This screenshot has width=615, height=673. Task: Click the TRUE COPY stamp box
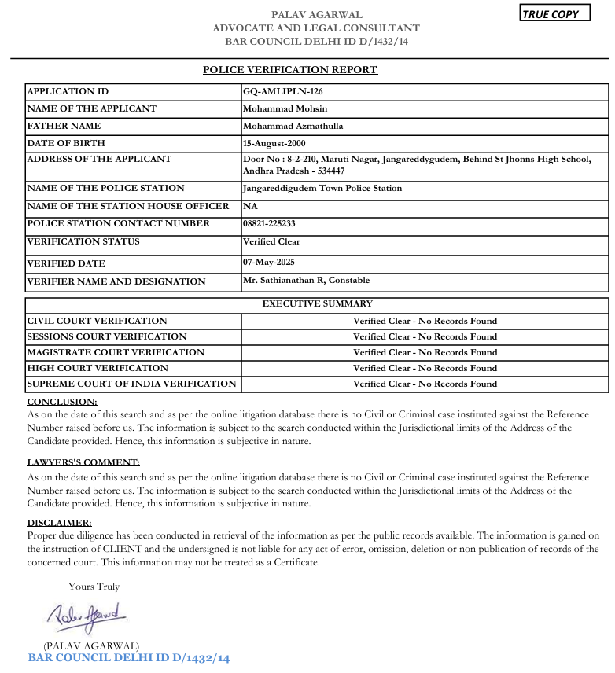coord(554,14)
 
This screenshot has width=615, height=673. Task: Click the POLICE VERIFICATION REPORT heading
coord(290,70)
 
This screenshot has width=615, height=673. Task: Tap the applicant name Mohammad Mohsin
coord(285,108)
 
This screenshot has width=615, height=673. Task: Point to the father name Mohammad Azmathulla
coord(293,126)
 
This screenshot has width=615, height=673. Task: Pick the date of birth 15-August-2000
coord(274,143)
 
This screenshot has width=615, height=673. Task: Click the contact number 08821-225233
coord(270,224)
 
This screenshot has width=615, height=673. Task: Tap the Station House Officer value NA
coord(249,206)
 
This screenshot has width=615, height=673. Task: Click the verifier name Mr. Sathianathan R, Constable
coord(307,280)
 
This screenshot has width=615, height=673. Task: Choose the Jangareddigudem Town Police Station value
coord(322,188)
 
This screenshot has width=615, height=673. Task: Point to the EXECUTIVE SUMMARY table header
coord(317,303)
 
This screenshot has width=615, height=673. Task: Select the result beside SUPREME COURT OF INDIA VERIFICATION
coord(425,384)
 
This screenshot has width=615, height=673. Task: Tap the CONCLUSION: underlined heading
coord(62,402)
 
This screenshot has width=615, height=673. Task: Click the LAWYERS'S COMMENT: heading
coord(83,462)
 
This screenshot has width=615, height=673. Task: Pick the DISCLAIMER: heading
coord(60,522)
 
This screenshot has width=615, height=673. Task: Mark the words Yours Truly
coord(94,587)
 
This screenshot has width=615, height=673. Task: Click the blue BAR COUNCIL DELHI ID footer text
coord(129,658)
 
